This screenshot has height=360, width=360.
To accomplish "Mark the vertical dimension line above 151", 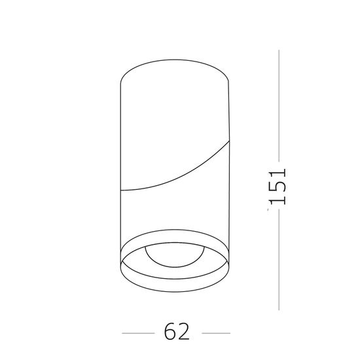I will [x=279, y=105].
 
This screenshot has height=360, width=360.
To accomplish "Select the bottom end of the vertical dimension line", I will [x=279, y=311].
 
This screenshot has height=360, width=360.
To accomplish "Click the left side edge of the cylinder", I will [x=121, y=164].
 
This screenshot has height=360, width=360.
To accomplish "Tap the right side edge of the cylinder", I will [x=230, y=164].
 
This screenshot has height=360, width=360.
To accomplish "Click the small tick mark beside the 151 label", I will [x=270, y=211].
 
